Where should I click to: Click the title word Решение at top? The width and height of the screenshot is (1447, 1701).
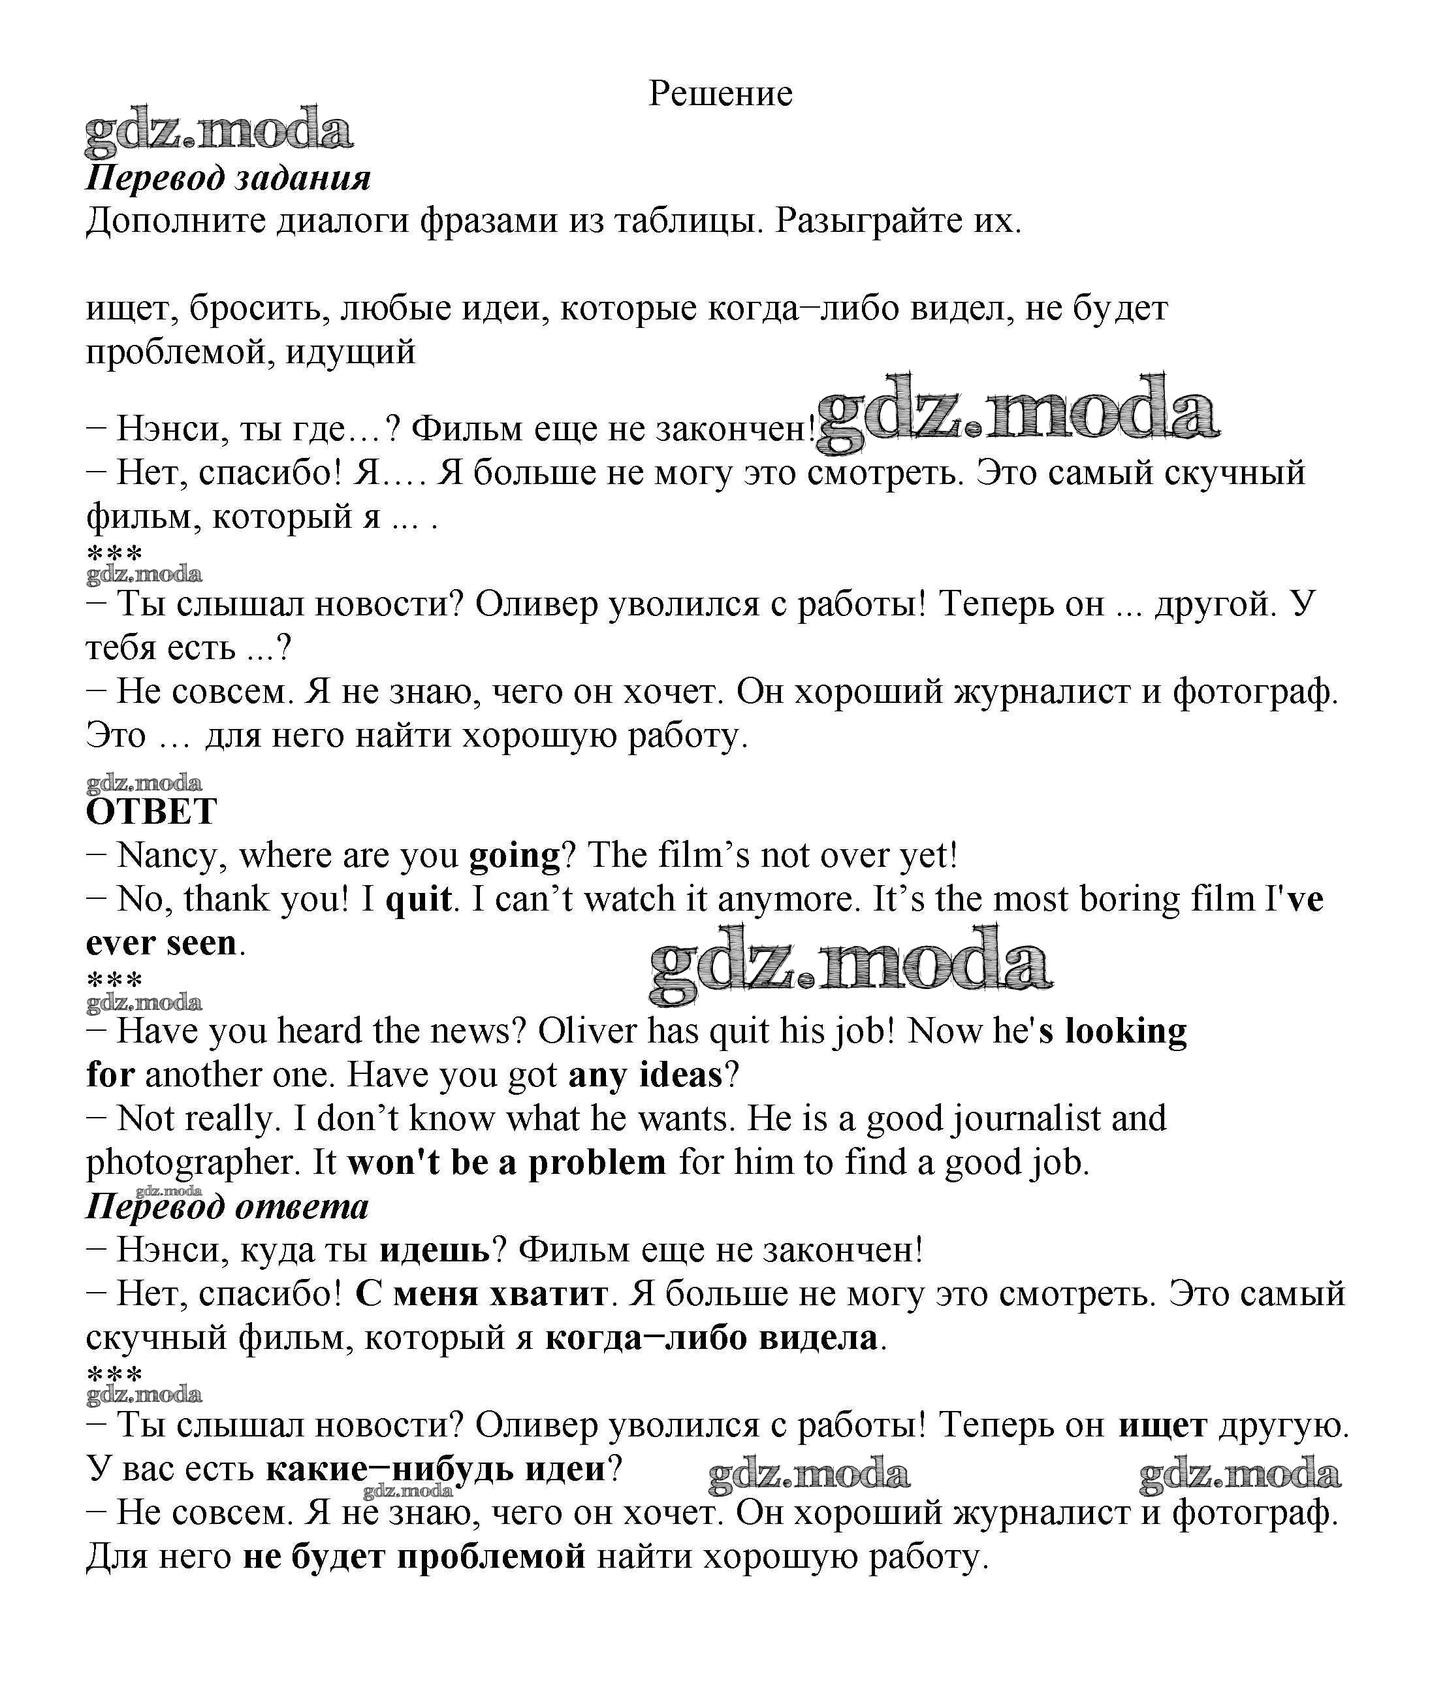pos(720,94)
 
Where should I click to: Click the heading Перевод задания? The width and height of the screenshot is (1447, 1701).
pos(228,178)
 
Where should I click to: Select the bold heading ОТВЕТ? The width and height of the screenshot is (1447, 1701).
pos(151,811)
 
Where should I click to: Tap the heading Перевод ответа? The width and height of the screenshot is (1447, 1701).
pos(227,1207)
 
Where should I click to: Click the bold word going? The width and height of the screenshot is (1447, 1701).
pos(515,856)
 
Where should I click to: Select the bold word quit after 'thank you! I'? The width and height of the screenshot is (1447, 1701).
pos(419,899)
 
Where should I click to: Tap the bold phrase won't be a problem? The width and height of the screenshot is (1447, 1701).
pos(507,1163)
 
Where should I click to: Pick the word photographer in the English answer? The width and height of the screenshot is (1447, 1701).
pos(195,1163)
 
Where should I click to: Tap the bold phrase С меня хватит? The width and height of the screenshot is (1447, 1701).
pos(481,1294)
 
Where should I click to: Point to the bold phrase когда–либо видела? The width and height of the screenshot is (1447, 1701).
pos(711,1338)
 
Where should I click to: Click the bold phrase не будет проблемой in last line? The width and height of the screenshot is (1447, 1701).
pos(414,1557)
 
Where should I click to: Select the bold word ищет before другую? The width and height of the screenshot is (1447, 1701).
pos(1162,1425)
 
